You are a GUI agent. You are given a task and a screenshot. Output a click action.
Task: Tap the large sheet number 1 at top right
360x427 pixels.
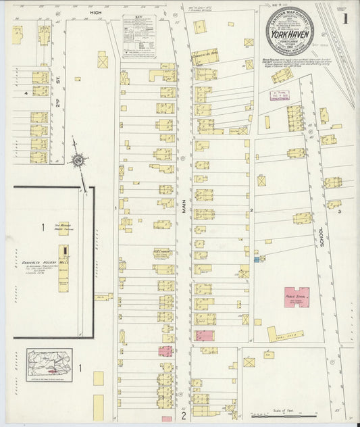coord(345,18)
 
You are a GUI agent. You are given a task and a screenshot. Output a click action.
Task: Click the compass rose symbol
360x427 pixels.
coord(80,160)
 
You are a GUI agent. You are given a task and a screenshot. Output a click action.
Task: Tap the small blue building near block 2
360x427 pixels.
coord(256,259)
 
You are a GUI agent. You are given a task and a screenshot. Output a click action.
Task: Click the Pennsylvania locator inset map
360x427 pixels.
coord(49,366)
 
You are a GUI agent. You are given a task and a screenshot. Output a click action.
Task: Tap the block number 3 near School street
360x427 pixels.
coord(340,211)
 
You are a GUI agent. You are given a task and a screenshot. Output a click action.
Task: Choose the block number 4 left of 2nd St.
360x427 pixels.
coord(26,93)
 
